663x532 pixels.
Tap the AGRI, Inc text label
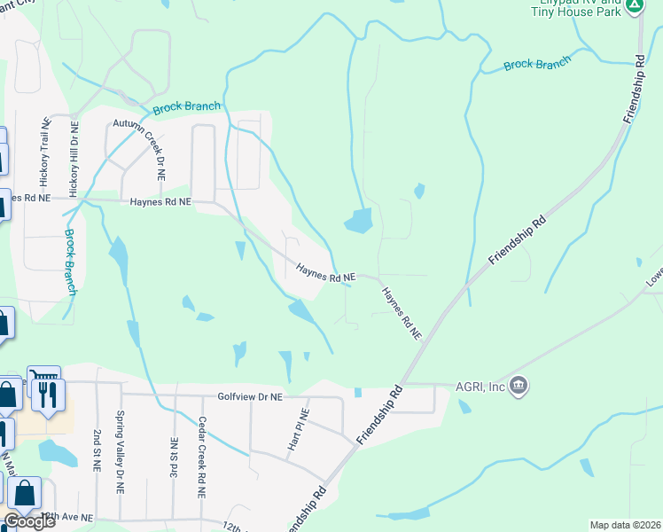(x=480, y=386)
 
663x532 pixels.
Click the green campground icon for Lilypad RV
(x=634, y=5)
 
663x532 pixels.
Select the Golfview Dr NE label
(x=249, y=397)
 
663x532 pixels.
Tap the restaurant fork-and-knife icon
(x=47, y=394)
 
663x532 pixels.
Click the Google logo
(x=29, y=521)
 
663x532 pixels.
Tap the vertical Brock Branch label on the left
(x=70, y=262)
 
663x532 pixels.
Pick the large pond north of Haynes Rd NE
(x=357, y=221)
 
